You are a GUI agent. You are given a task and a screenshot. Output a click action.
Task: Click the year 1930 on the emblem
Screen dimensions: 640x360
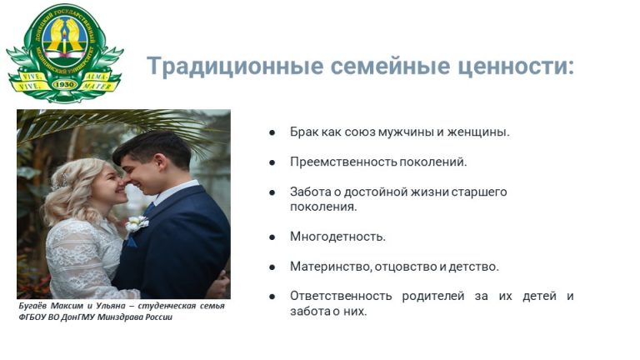(63, 84)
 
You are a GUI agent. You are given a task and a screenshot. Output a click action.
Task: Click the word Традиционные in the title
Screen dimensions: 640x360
(235, 66)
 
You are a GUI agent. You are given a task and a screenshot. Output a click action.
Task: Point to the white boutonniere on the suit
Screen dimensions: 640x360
(137, 223)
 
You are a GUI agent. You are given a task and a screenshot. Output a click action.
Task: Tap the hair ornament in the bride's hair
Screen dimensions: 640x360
(60, 182)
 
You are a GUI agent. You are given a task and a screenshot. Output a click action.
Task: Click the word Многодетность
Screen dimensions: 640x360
(337, 237)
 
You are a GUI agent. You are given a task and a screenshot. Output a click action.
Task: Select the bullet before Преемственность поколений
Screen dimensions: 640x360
(272, 162)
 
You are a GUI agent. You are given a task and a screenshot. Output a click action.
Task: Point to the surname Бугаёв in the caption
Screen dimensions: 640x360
(32, 306)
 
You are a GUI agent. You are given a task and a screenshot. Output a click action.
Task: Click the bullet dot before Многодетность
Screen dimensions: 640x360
(272, 237)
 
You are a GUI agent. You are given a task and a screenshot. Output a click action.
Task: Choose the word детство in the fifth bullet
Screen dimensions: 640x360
(474, 267)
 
